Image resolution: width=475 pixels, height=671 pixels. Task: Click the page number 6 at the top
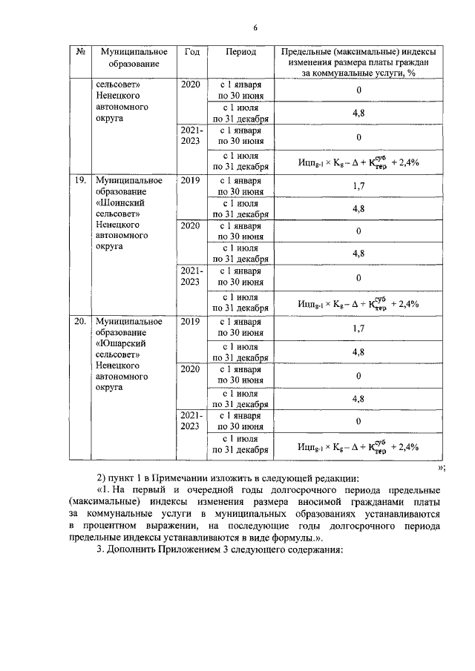tap(255, 28)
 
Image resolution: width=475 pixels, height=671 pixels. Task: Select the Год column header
tap(191, 53)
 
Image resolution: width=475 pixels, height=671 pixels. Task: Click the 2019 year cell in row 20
tap(191, 323)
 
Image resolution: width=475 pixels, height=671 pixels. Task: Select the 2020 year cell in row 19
tap(191, 225)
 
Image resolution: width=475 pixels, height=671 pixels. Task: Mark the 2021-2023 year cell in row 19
tap(191, 276)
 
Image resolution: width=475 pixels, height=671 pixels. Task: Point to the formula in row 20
tap(358, 446)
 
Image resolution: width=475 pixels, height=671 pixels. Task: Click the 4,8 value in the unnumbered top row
tap(358, 113)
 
